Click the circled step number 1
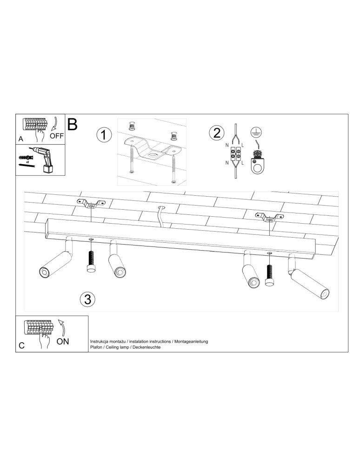point(104,135)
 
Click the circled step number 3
point(87,299)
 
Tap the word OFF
point(57,136)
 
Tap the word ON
point(63,341)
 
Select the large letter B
point(73,124)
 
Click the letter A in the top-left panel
point(21,139)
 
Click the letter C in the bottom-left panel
point(21,346)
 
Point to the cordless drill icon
point(44,158)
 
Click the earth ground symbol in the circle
point(254,132)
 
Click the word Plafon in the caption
point(96,348)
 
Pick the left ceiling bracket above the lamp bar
point(91,203)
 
